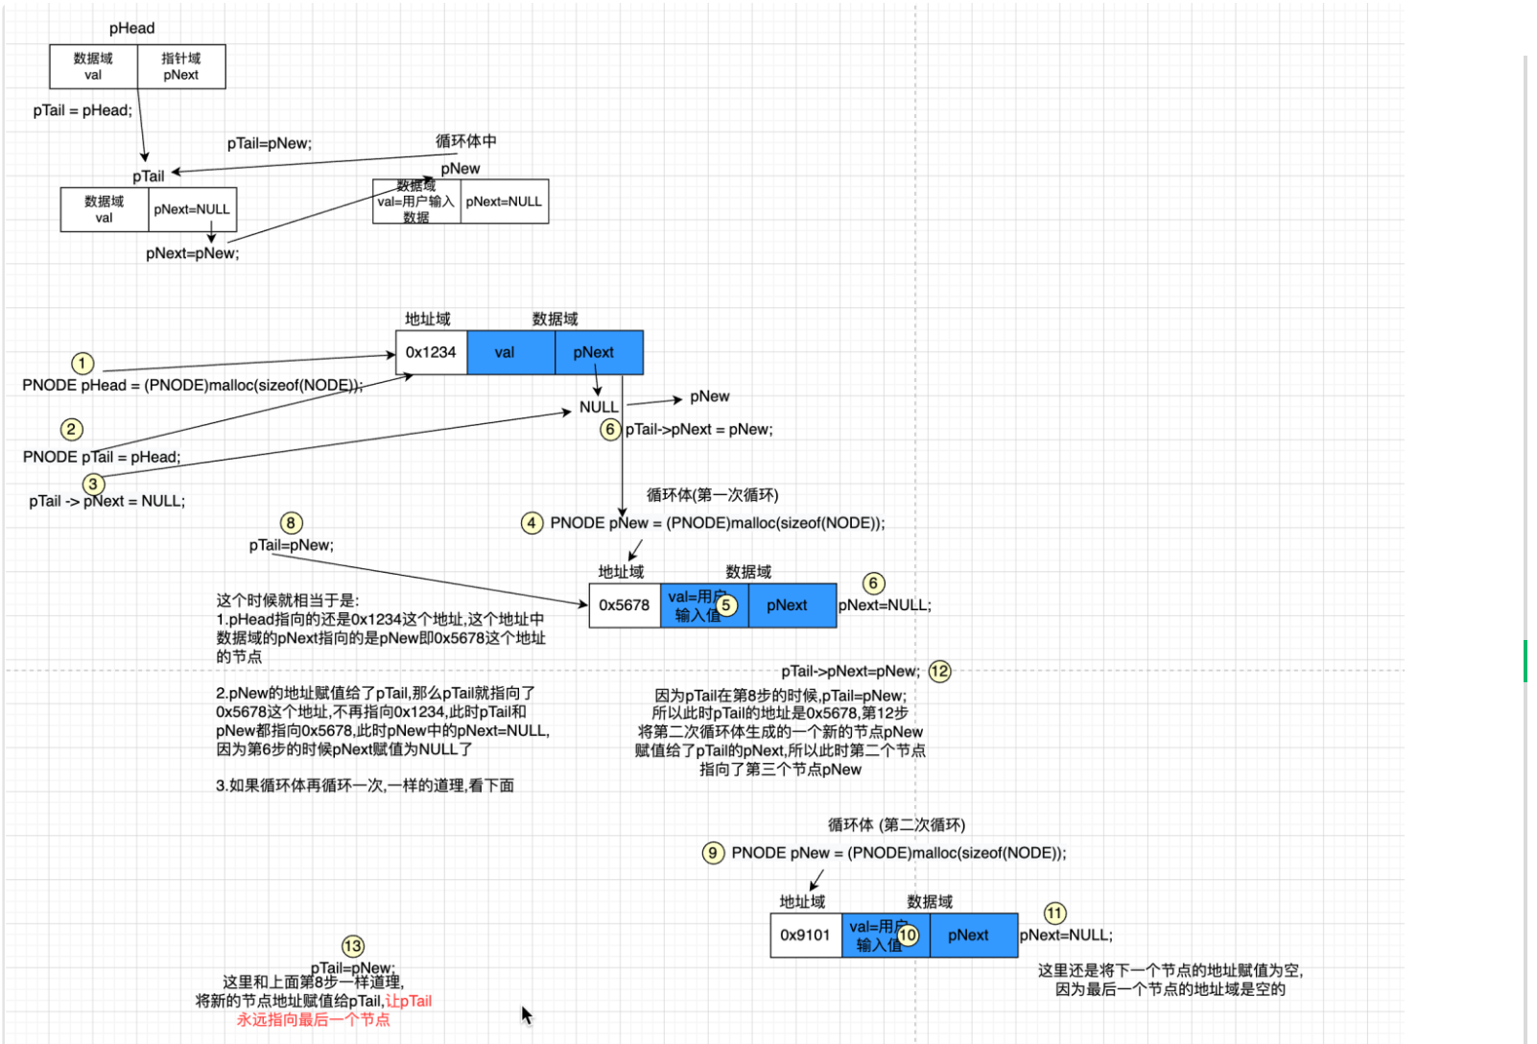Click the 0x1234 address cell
click(x=431, y=352)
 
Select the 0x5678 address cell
click(x=625, y=605)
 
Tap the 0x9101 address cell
click(x=805, y=936)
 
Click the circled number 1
click(x=83, y=363)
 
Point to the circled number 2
click(x=72, y=429)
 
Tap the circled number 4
click(x=532, y=523)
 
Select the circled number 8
click(x=291, y=523)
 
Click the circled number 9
click(x=713, y=853)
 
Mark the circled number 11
click(x=1054, y=913)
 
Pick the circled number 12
click(x=939, y=672)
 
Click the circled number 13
click(x=353, y=946)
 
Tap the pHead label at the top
click(x=132, y=29)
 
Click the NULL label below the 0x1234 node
click(x=599, y=407)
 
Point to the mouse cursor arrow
click(x=526, y=1014)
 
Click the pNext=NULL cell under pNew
click(x=504, y=202)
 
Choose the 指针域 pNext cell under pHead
click(x=181, y=66)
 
